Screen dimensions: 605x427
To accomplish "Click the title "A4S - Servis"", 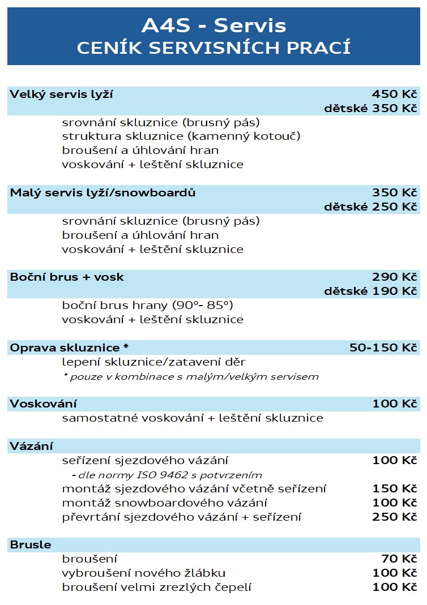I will coord(213,25).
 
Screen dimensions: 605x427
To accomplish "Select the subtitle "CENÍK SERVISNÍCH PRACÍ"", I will coord(213,48).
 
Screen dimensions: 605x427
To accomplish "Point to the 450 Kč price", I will coord(394,95).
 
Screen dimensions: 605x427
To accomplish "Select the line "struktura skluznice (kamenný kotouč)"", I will coord(181,136).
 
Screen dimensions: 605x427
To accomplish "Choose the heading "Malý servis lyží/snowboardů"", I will coord(103,193).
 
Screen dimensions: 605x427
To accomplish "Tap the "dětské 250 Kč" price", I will coord(370,207).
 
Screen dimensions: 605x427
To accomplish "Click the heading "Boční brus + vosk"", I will coord(67,277).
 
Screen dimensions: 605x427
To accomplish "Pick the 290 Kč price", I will coord(394,277).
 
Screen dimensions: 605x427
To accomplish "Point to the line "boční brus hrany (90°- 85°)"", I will coord(147,306).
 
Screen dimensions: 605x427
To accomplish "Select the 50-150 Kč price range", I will coord(383,347).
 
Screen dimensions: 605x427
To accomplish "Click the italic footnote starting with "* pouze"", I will coord(190,376).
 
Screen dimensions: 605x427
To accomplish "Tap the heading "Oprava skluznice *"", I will coord(69,347).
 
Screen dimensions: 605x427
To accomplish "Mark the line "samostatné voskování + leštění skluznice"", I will coord(193,418).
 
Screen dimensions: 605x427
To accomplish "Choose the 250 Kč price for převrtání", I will coord(394,517).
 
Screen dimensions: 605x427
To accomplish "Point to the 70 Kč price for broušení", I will coord(400,559).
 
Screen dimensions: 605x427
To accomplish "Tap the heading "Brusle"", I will coord(31,545).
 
